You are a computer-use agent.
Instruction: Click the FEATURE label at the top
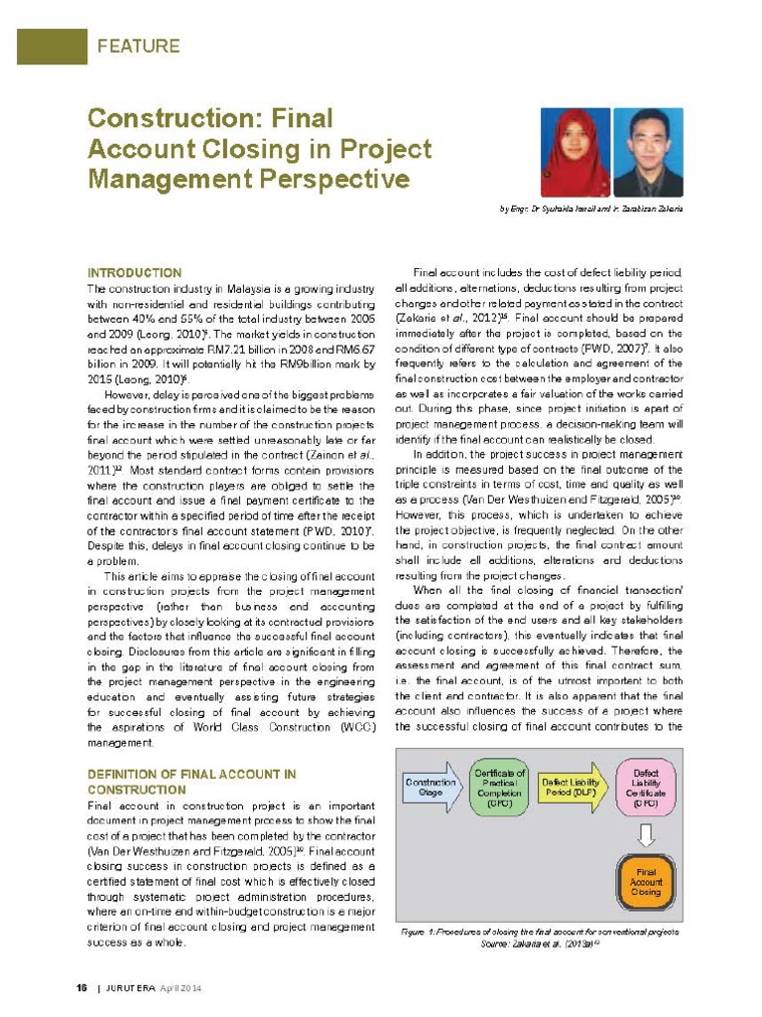(138, 46)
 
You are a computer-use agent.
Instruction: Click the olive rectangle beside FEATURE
(52, 47)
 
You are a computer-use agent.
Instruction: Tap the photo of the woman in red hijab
(573, 152)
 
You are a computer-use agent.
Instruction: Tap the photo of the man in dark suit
(648, 152)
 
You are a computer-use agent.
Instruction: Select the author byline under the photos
(590, 210)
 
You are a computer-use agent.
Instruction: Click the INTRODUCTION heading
(134, 272)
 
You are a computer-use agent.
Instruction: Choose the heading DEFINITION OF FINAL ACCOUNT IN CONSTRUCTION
(191, 781)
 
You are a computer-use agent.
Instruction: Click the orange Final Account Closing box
(645, 880)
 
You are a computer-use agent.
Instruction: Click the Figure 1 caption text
(540, 933)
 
